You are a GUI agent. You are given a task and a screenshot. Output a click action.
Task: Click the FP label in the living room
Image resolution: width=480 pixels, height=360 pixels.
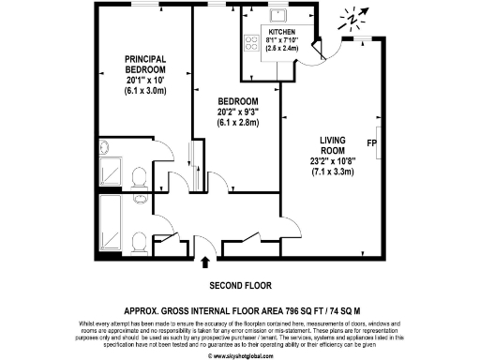point(372,145)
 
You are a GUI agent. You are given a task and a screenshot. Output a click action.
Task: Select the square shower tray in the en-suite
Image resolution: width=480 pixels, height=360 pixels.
point(111,174)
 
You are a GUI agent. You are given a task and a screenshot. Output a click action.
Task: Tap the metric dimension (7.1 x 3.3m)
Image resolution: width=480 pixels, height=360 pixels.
point(335,172)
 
